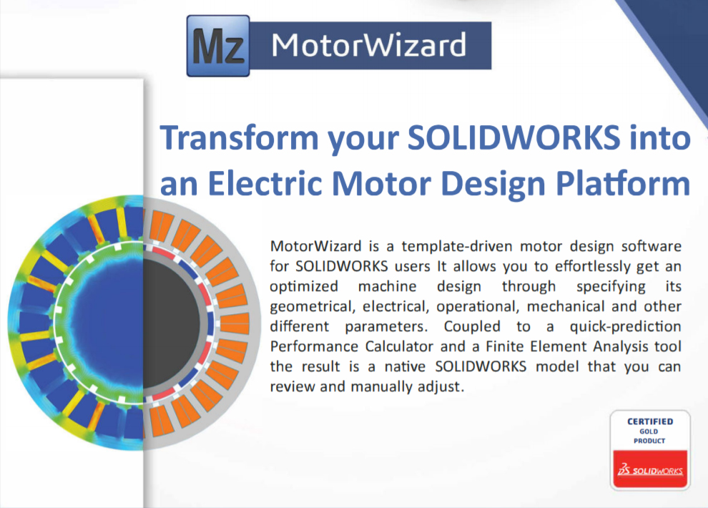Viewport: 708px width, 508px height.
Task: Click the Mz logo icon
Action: [x=218, y=46]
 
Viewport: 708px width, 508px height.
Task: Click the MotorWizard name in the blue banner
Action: [x=368, y=45]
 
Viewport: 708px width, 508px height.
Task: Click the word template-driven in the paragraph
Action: [x=457, y=247]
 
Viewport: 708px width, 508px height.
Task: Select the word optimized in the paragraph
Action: [x=304, y=287]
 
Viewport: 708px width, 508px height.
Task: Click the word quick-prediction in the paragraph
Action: [x=625, y=327]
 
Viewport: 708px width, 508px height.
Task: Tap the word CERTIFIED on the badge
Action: [x=650, y=421]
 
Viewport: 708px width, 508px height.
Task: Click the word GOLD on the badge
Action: [x=649, y=431]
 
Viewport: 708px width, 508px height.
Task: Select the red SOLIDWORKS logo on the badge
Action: [x=650, y=469]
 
